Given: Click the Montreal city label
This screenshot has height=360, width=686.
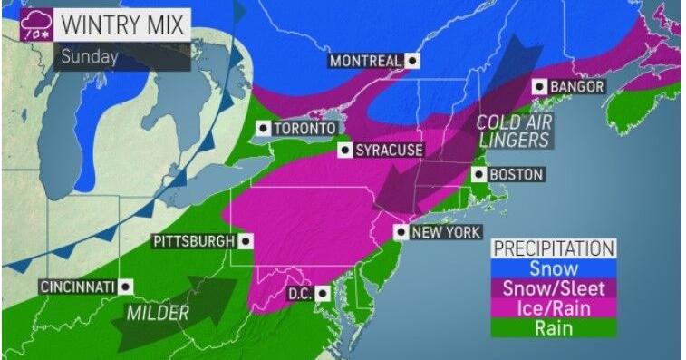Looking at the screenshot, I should pyautogui.click(x=364, y=62).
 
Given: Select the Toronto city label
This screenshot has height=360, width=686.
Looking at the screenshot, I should pyautogui.click(x=304, y=129).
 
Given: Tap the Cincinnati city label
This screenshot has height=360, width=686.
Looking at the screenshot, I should pyautogui.click(x=77, y=287).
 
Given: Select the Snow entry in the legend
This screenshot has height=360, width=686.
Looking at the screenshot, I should pyautogui.click(x=553, y=268).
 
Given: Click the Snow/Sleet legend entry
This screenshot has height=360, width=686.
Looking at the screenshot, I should pyautogui.click(x=553, y=288).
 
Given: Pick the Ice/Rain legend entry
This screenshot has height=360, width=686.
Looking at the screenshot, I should pyautogui.click(x=553, y=308).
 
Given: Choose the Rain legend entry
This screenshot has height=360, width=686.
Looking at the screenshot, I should pyautogui.click(x=553, y=328).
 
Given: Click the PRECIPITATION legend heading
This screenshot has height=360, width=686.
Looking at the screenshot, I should pyautogui.click(x=553, y=248).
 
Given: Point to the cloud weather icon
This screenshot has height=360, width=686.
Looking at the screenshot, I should pyautogui.click(x=38, y=27).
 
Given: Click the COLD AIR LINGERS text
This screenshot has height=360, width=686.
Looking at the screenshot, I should pyautogui.click(x=513, y=131).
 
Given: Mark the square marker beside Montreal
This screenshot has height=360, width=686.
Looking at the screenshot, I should pyautogui.click(x=413, y=62).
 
